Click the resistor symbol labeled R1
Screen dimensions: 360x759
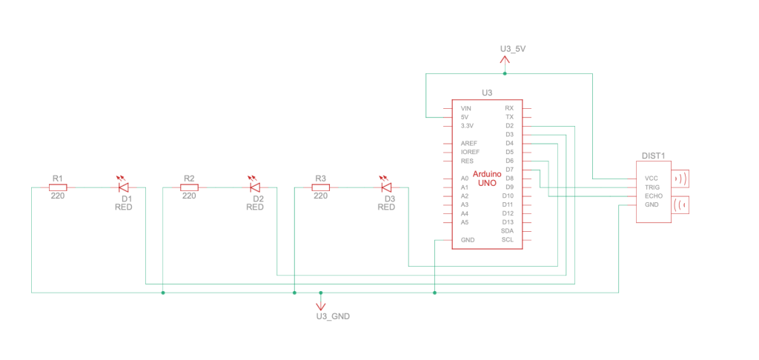point(58,187)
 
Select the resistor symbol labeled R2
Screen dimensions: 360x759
point(189,187)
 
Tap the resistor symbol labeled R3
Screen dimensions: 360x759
point(320,187)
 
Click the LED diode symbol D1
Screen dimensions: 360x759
point(124,187)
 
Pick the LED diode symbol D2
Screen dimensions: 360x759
point(255,187)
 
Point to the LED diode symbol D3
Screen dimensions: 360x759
point(386,187)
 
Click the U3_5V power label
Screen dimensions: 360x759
point(513,49)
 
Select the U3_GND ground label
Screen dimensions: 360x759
point(332,316)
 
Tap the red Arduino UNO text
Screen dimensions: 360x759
point(486,178)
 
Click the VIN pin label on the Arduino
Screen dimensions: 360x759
point(465,108)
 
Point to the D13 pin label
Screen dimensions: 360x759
point(508,221)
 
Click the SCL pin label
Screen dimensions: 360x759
point(508,239)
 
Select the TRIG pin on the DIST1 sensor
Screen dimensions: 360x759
point(652,187)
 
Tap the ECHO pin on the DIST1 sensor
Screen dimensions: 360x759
point(652,196)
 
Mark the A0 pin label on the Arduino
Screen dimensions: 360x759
point(464,179)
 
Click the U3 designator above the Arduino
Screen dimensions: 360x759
point(487,93)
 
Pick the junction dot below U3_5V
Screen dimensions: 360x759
point(505,74)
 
